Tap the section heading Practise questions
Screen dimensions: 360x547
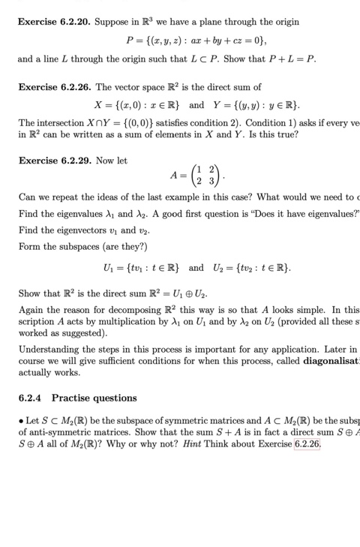tap(94, 398)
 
